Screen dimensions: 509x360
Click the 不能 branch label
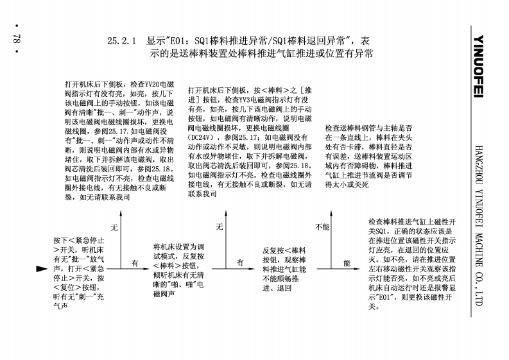pos(323,227)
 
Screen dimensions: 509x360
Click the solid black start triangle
pos(42,268)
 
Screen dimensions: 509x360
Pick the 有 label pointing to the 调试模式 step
pos(135,263)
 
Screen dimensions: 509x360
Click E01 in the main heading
pos(183,41)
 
